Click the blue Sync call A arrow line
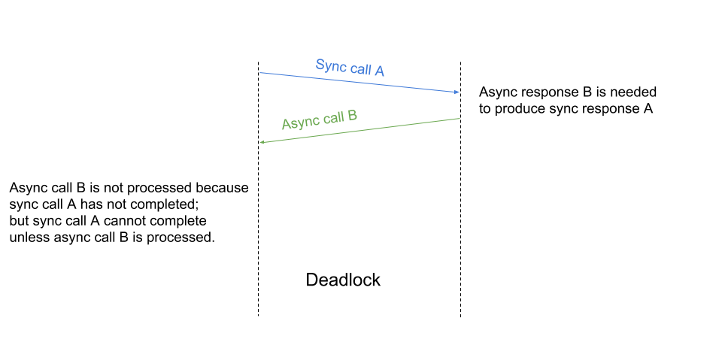359,83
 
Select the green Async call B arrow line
359,130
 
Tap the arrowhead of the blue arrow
457,92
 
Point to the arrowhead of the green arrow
262,142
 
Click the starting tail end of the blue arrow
260,73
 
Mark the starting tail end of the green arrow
460,119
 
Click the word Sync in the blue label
329,66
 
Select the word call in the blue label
359,69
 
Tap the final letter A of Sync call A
379,71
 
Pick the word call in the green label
334,117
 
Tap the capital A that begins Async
287,124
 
